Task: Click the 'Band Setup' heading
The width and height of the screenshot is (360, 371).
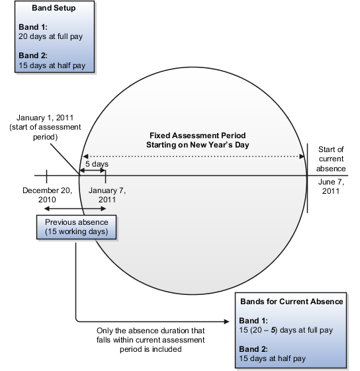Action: coord(54,8)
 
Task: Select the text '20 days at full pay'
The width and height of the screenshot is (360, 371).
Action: coord(51,36)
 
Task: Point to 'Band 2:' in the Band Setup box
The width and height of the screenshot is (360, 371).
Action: coord(33,56)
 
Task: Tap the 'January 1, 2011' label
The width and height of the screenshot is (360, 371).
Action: coord(45,118)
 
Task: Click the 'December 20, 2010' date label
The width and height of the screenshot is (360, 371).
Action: coord(48,195)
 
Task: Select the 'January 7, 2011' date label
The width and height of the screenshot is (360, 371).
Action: coord(107,195)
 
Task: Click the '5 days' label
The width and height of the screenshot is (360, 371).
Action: coord(97,164)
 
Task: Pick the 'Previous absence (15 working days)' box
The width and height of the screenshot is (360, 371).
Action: coord(76,227)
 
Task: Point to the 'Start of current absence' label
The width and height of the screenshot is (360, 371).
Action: coord(331,159)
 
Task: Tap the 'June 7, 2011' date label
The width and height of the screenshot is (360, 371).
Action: coord(331,186)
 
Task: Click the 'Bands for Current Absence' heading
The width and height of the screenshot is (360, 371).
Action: coord(292,302)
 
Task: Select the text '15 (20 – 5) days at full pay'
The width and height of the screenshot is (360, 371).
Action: coord(286,330)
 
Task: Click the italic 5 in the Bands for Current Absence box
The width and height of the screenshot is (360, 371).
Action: coord(273,330)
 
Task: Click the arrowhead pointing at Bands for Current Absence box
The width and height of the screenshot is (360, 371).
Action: coord(226,321)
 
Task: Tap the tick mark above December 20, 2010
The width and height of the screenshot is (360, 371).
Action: coord(47,177)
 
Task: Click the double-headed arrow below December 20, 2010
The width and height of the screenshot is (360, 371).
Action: coord(75,208)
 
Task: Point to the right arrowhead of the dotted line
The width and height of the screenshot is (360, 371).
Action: coord(302,156)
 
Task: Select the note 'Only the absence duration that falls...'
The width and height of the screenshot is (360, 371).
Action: coord(151,340)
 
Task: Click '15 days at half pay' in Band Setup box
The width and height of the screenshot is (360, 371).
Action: coord(52,65)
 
